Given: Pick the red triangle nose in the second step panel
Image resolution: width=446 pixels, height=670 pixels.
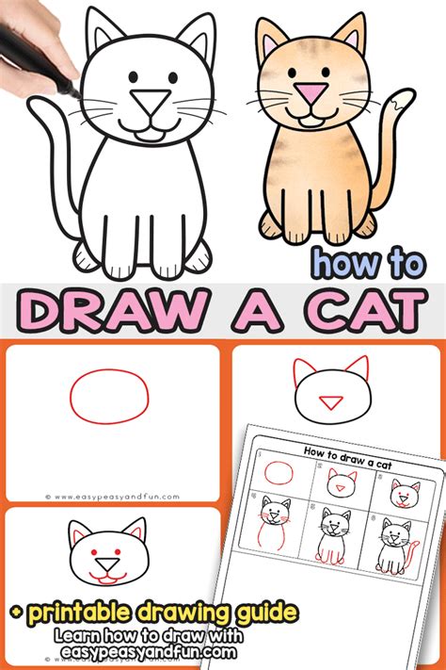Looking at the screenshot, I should (330, 403).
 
